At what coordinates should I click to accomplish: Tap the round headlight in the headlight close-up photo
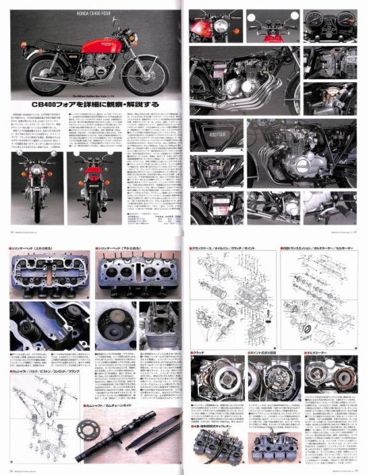pyautogui.click(x=214, y=28)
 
